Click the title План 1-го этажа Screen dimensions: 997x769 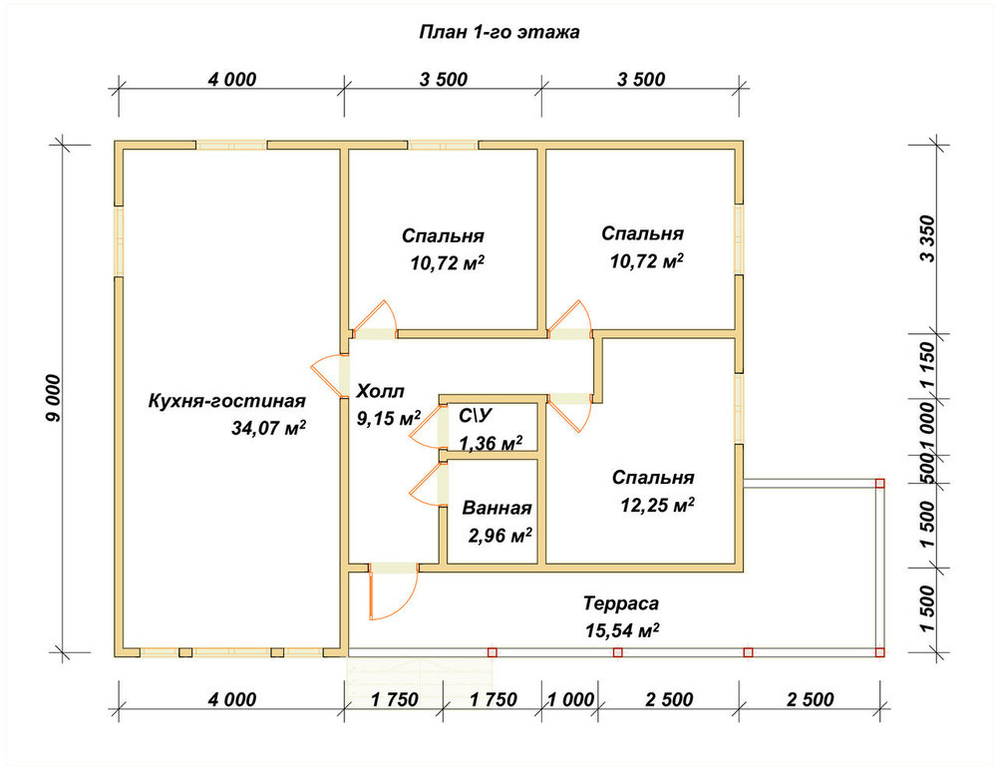499,32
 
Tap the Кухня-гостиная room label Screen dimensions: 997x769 227,401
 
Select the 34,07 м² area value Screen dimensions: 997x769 268,428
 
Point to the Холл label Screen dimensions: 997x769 380,391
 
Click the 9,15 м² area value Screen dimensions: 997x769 389,418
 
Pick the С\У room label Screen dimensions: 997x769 476,416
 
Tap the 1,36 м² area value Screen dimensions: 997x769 491,443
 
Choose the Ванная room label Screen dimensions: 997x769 497,509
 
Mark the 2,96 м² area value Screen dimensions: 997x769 500,536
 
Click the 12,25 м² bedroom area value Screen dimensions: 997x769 657,505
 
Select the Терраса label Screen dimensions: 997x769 621,603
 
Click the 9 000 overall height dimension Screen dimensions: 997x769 54,399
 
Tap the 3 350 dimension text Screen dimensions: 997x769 927,239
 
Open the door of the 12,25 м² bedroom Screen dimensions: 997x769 571,413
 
